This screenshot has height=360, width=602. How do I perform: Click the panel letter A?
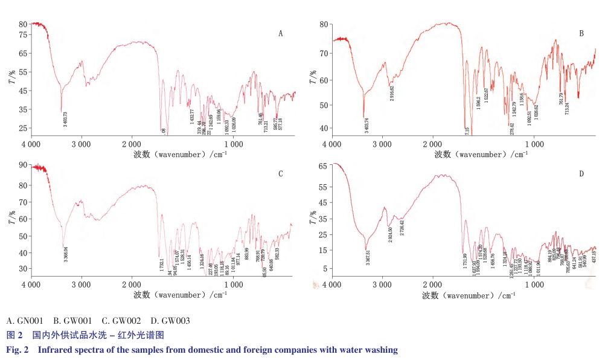coord(281,34)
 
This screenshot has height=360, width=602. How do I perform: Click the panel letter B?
coord(581,34)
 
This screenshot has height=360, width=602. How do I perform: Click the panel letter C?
coord(281,174)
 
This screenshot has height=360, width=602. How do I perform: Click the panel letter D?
coord(581,174)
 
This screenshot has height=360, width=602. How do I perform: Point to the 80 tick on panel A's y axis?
coord(22,24)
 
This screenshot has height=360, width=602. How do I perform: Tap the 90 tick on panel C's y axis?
coord(22,165)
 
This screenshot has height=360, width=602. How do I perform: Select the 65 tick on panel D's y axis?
coord(322,165)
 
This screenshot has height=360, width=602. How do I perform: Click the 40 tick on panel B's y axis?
coord(323,128)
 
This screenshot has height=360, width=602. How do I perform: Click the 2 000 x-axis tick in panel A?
coord(132,144)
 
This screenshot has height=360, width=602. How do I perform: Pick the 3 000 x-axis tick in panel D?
coord(382,285)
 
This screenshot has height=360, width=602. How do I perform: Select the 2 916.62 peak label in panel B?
coord(392,94)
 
